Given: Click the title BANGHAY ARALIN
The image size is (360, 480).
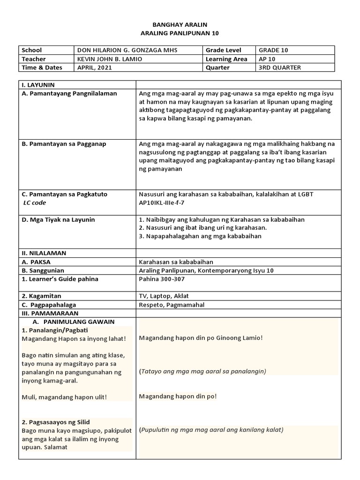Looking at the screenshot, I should tap(180, 24).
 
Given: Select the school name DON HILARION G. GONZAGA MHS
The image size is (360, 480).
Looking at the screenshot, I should tap(127, 50).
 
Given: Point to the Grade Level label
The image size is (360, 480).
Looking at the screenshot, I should tap(224, 50).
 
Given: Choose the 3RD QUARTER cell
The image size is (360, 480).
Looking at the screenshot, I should tap(280, 67).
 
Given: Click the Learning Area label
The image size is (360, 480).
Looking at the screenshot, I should tap(226, 59).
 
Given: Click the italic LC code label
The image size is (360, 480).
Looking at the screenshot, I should tap(35, 202).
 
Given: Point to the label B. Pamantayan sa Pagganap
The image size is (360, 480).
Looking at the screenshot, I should tap(64, 144).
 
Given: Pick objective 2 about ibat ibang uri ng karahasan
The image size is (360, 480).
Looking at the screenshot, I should tap(203, 228).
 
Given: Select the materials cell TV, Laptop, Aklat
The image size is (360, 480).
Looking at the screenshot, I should tap(164, 296).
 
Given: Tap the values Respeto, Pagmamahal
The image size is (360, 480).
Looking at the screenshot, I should tap(172, 305).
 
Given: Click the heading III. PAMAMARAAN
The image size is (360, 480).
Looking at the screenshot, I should tap(49, 313).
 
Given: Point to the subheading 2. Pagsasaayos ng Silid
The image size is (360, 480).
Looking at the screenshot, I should tap(56, 422).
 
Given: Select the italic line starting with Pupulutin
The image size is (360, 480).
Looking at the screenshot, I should tap(211, 429).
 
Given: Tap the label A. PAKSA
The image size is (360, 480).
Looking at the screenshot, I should tap(37, 262).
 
